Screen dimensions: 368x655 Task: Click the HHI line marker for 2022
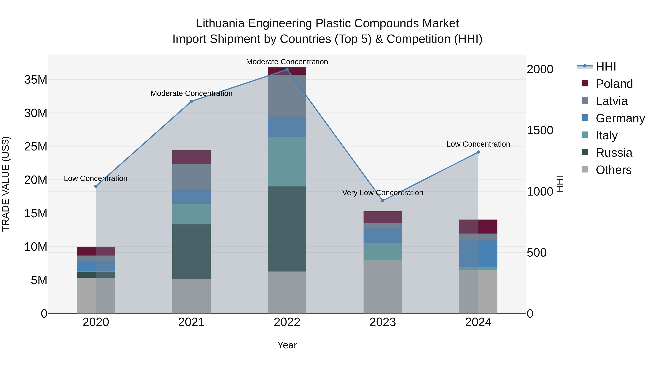coord(287,70)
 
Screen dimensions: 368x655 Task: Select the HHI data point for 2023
coord(383,201)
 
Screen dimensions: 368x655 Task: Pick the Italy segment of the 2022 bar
coord(287,162)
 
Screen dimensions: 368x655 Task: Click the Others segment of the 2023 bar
coord(383,287)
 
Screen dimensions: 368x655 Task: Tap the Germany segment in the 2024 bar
coord(478,254)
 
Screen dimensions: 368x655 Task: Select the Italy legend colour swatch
coord(585,135)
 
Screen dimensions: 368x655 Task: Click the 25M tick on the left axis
coord(36,146)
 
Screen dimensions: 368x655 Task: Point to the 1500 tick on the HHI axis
coord(540,130)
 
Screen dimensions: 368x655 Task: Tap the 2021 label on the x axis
coord(191,322)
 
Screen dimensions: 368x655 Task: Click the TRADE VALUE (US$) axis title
coord(6,184)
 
